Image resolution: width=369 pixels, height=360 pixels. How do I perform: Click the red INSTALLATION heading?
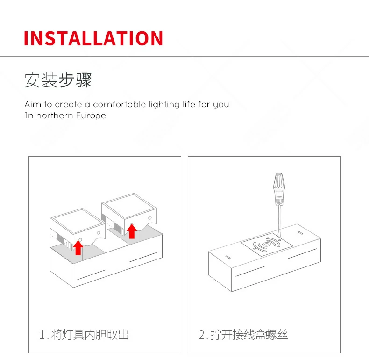tap(93, 38)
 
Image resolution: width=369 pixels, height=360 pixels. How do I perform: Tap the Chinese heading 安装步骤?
tap(58, 80)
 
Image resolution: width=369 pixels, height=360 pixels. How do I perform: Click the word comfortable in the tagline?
tap(119, 104)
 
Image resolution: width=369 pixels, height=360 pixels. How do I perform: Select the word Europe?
tap(91, 115)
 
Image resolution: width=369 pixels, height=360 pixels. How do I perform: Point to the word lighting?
tap(164, 104)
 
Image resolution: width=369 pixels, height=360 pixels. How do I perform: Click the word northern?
tap(55, 115)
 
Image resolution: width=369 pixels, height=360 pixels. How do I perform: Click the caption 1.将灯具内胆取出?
tap(84, 335)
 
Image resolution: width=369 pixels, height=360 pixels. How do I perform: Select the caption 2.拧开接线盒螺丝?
tap(243, 335)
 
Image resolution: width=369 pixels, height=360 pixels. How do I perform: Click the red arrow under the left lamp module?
tap(78, 247)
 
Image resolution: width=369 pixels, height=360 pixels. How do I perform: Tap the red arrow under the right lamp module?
tap(132, 231)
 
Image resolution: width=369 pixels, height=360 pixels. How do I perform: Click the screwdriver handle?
tap(279, 189)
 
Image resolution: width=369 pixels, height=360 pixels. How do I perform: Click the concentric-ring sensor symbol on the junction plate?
tap(266, 245)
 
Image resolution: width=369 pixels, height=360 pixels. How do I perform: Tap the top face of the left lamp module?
tap(78, 221)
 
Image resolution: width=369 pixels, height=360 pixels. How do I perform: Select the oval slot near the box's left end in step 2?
tap(228, 257)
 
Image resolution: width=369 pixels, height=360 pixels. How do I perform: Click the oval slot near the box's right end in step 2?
tap(300, 233)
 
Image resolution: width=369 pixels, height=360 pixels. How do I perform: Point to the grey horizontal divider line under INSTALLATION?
tap(184, 57)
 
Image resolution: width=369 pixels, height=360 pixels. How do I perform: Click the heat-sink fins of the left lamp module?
tap(61, 238)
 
